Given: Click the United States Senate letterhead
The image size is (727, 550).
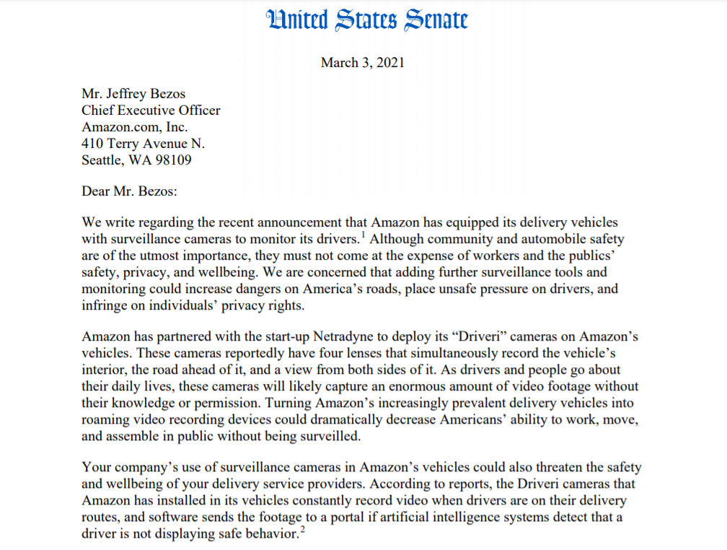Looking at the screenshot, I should click(x=366, y=19).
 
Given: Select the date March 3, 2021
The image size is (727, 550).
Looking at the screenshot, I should click(x=363, y=62).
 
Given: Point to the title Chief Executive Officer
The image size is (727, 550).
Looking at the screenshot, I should click(x=151, y=110).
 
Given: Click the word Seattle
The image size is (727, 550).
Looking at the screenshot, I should click(x=102, y=160).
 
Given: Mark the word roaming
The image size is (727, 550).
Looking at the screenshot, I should click(x=106, y=420).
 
